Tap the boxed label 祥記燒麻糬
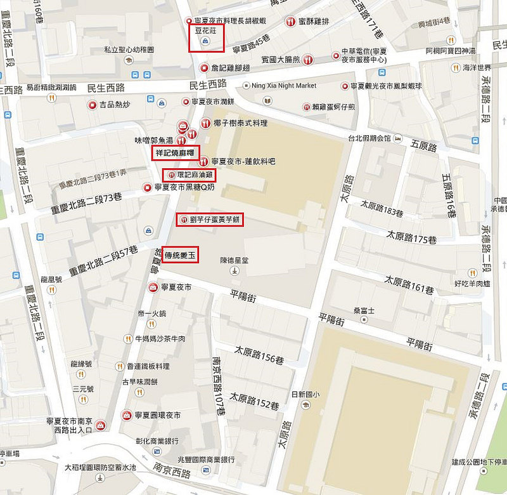(176, 153)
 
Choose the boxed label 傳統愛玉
(180, 255)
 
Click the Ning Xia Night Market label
(283, 86)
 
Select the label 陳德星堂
(235, 260)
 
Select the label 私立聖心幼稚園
(129, 49)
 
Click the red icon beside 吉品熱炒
(93, 105)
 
